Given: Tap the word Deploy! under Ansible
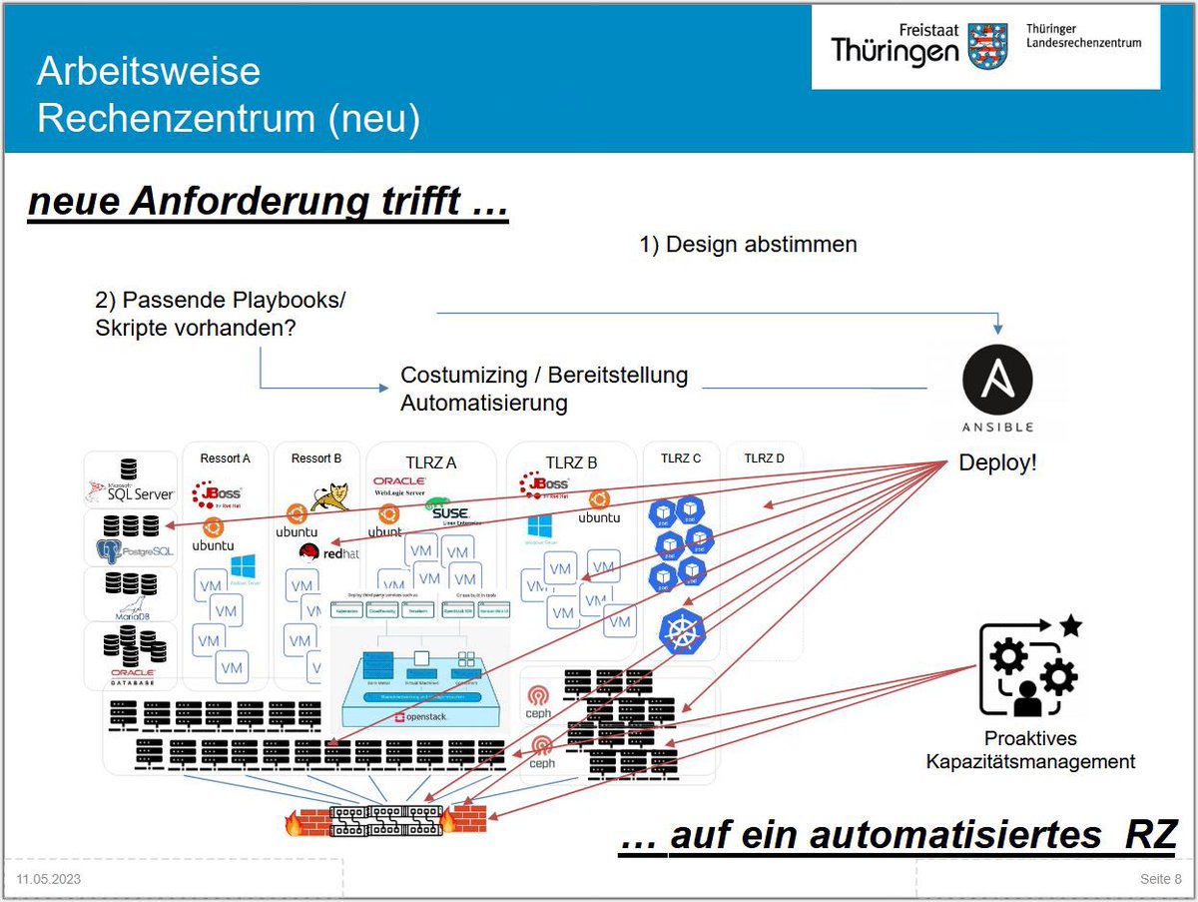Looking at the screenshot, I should point(997,463).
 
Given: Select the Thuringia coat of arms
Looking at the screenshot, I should point(988,46).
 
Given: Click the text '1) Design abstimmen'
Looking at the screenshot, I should point(748,245).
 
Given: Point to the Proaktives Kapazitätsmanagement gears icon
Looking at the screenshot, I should point(1029,667).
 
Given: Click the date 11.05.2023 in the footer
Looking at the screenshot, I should point(49,879).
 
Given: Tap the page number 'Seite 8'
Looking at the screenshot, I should point(1160,879).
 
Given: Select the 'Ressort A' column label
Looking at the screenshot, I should point(226,458).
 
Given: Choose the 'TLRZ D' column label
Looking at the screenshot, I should point(764,458).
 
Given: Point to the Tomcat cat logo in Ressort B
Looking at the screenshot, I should point(329,496).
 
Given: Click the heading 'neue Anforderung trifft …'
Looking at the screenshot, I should point(269,202).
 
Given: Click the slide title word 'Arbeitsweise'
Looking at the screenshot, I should point(149,72).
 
